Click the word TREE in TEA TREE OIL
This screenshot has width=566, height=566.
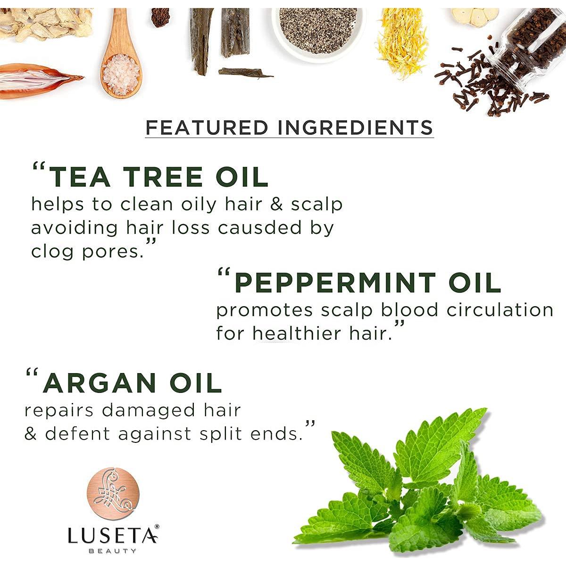point(163,177)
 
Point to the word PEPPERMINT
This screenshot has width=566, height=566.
point(335,283)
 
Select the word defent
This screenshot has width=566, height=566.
point(78,434)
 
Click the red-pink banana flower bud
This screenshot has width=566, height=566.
point(35,80)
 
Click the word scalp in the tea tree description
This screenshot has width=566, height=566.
point(316,204)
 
